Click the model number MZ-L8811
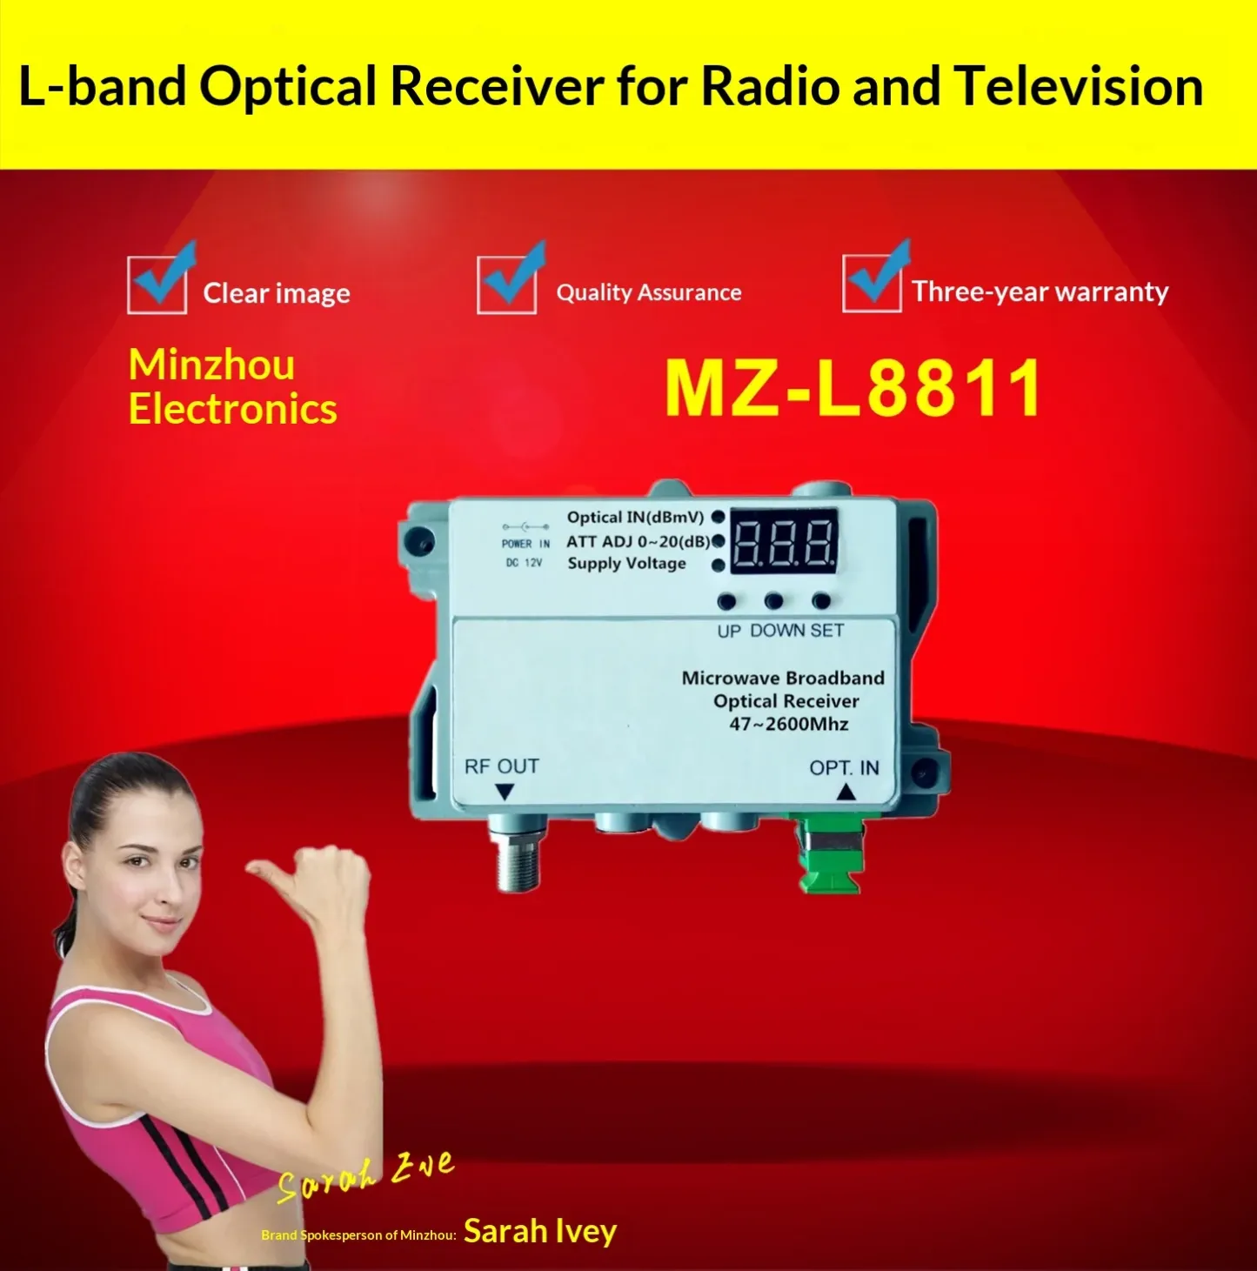(853, 388)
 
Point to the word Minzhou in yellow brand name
(212, 365)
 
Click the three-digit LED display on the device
(784, 541)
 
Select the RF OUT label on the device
(501, 766)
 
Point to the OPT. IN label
(844, 767)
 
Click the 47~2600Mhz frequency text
(788, 724)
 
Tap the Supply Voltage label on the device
(626, 564)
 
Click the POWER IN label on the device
(525, 544)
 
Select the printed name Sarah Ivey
(540, 1231)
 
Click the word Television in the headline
(1078, 86)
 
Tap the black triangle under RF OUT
(505, 792)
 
